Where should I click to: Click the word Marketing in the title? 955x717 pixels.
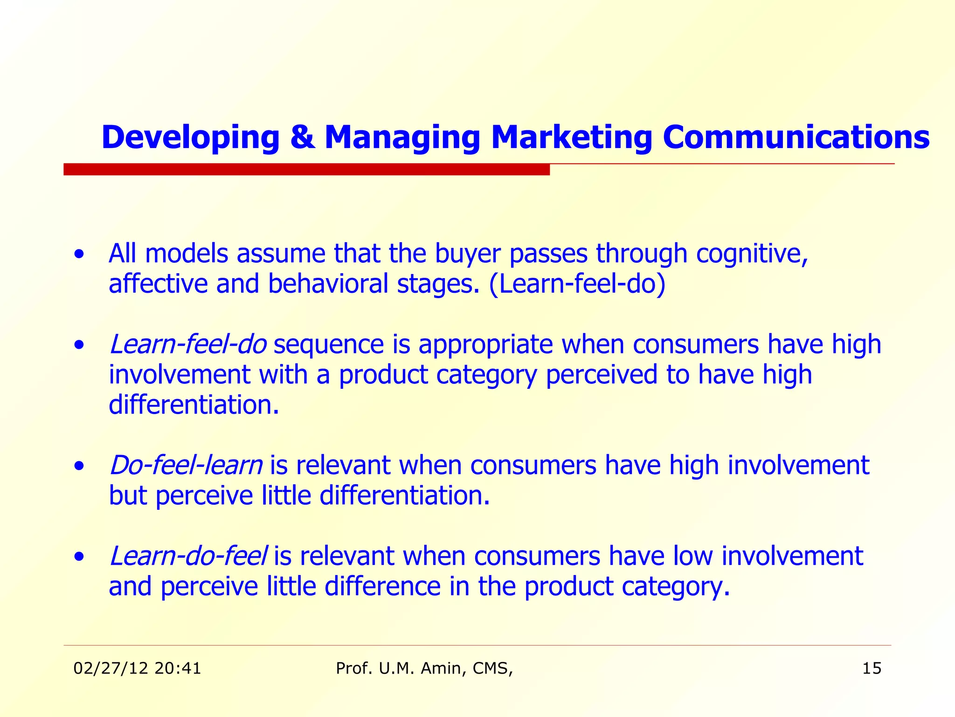pos(571,138)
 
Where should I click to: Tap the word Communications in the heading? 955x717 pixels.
pos(796,138)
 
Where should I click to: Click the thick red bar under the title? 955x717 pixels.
pos(306,169)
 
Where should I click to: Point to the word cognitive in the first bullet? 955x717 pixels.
pos(752,254)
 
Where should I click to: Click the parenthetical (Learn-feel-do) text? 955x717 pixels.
pos(577,284)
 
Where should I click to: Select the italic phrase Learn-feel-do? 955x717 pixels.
pos(188,344)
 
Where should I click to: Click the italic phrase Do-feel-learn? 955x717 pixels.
pos(186,465)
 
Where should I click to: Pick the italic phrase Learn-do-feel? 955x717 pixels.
pos(188,556)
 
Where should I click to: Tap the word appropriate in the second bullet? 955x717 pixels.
pos(485,344)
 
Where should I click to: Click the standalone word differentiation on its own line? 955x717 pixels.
pos(193,404)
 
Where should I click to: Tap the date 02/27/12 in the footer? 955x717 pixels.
pos(111,668)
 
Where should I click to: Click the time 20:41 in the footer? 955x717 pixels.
pos(178,668)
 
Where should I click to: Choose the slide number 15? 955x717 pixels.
pos(872,668)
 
